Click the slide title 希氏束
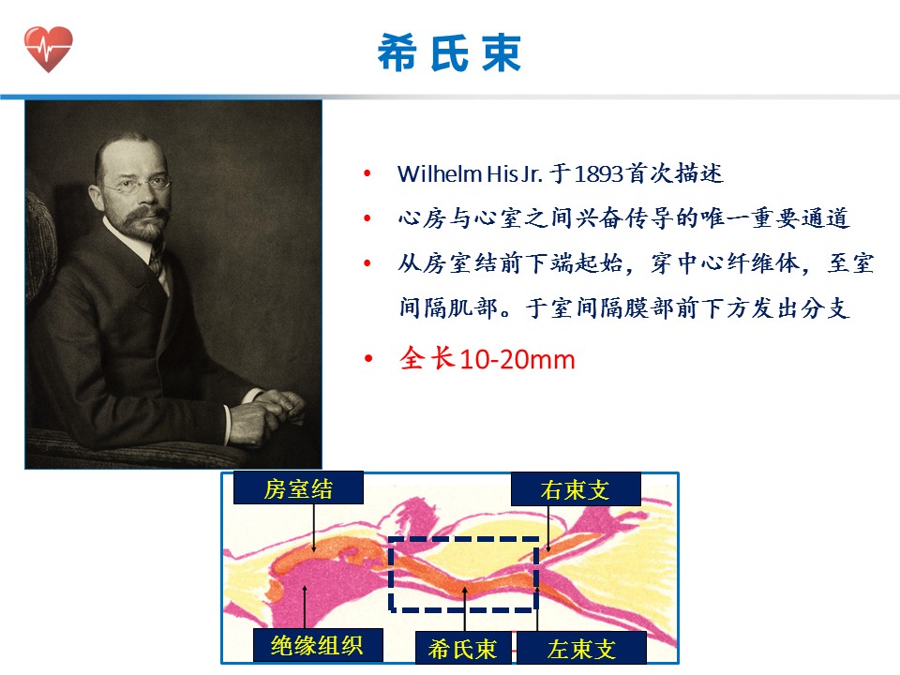click(449, 52)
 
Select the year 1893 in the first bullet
click(598, 174)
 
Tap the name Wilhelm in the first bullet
click(440, 174)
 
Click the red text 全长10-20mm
click(487, 359)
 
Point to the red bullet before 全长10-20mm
click(367, 359)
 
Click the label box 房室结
click(298, 488)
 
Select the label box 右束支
click(575, 489)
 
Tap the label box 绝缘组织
click(318, 645)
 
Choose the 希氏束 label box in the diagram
click(462, 649)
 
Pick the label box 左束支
click(581, 649)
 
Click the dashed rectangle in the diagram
click(389, 574)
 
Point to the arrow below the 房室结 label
click(313, 528)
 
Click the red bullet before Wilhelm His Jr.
click(367, 173)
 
